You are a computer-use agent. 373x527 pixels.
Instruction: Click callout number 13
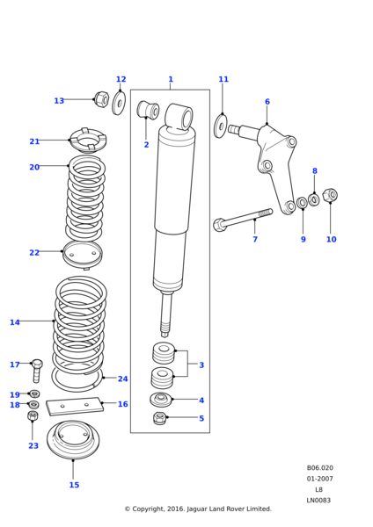pos(59,101)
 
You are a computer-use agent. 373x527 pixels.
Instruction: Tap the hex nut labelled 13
pos(102,98)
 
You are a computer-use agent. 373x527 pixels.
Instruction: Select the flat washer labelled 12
pos(119,102)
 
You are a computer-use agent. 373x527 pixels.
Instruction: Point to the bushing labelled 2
pos(148,110)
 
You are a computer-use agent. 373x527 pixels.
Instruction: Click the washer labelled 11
pos(221,126)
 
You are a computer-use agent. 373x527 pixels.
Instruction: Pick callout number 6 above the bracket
pos(267,102)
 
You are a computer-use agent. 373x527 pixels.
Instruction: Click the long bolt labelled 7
pos(243,220)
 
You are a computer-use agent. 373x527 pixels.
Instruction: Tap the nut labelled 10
pos(330,195)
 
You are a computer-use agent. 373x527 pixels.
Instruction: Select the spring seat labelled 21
pos(88,140)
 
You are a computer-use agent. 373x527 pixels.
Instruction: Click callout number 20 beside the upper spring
pos(34,167)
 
